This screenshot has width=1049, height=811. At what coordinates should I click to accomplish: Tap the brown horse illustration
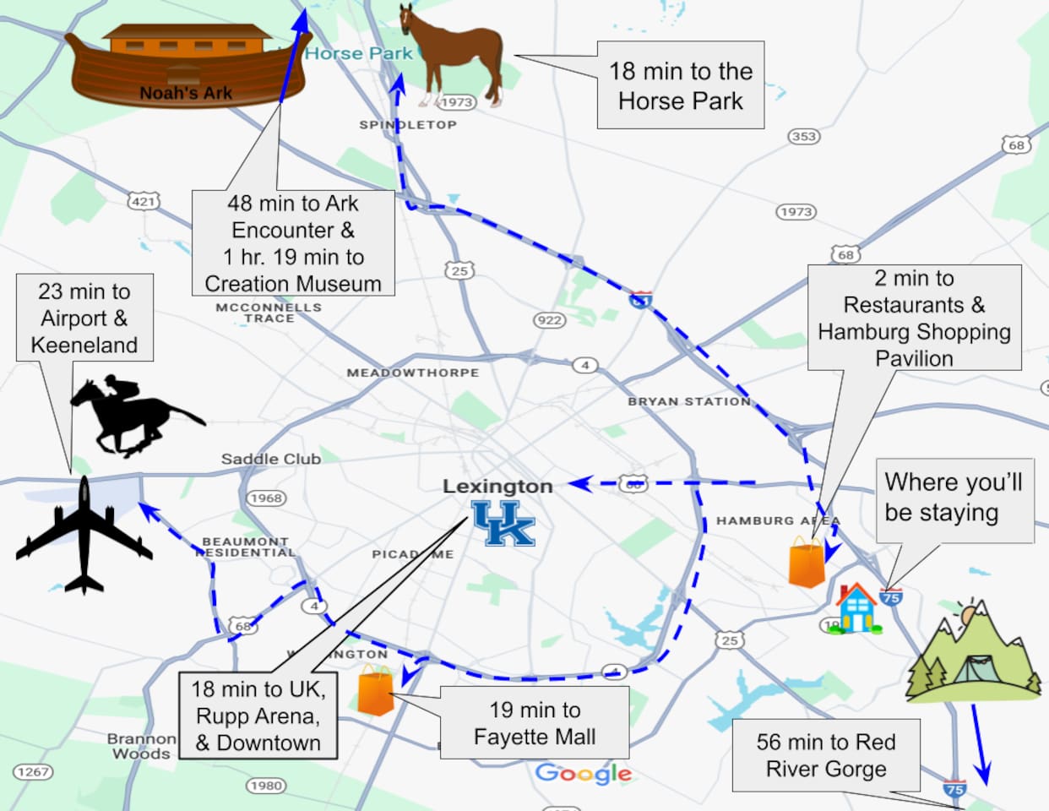[x=453, y=55]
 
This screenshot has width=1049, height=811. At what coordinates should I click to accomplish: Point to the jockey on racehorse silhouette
[x=135, y=416]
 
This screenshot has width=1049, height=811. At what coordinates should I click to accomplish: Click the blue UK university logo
[x=503, y=523]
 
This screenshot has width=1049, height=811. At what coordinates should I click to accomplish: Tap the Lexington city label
[x=497, y=487]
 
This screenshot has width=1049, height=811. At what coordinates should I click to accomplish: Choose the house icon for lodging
[x=857, y=608]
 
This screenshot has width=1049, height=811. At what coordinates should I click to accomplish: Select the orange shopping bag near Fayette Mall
[x=376, y=689]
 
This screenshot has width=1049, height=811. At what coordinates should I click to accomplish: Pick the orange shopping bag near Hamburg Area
[x=807, y=562]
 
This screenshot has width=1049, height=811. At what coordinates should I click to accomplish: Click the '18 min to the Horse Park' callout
[x=681, y=85]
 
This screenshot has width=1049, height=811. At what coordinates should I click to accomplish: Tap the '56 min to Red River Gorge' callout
[x=825, y=755]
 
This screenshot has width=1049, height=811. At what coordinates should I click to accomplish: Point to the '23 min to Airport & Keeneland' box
[x=84, y=318]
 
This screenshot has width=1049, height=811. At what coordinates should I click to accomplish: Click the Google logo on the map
[x=584, y=773]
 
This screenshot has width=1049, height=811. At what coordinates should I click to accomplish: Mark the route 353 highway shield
[x=803, y=137]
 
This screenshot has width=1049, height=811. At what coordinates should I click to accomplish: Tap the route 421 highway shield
[x=143, y=201]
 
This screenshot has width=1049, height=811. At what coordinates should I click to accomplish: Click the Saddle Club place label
[x=270, y=459]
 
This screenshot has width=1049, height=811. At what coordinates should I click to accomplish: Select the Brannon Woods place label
[x=141, y=746]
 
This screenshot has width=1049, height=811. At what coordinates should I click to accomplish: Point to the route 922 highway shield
[x=549, y=319]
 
